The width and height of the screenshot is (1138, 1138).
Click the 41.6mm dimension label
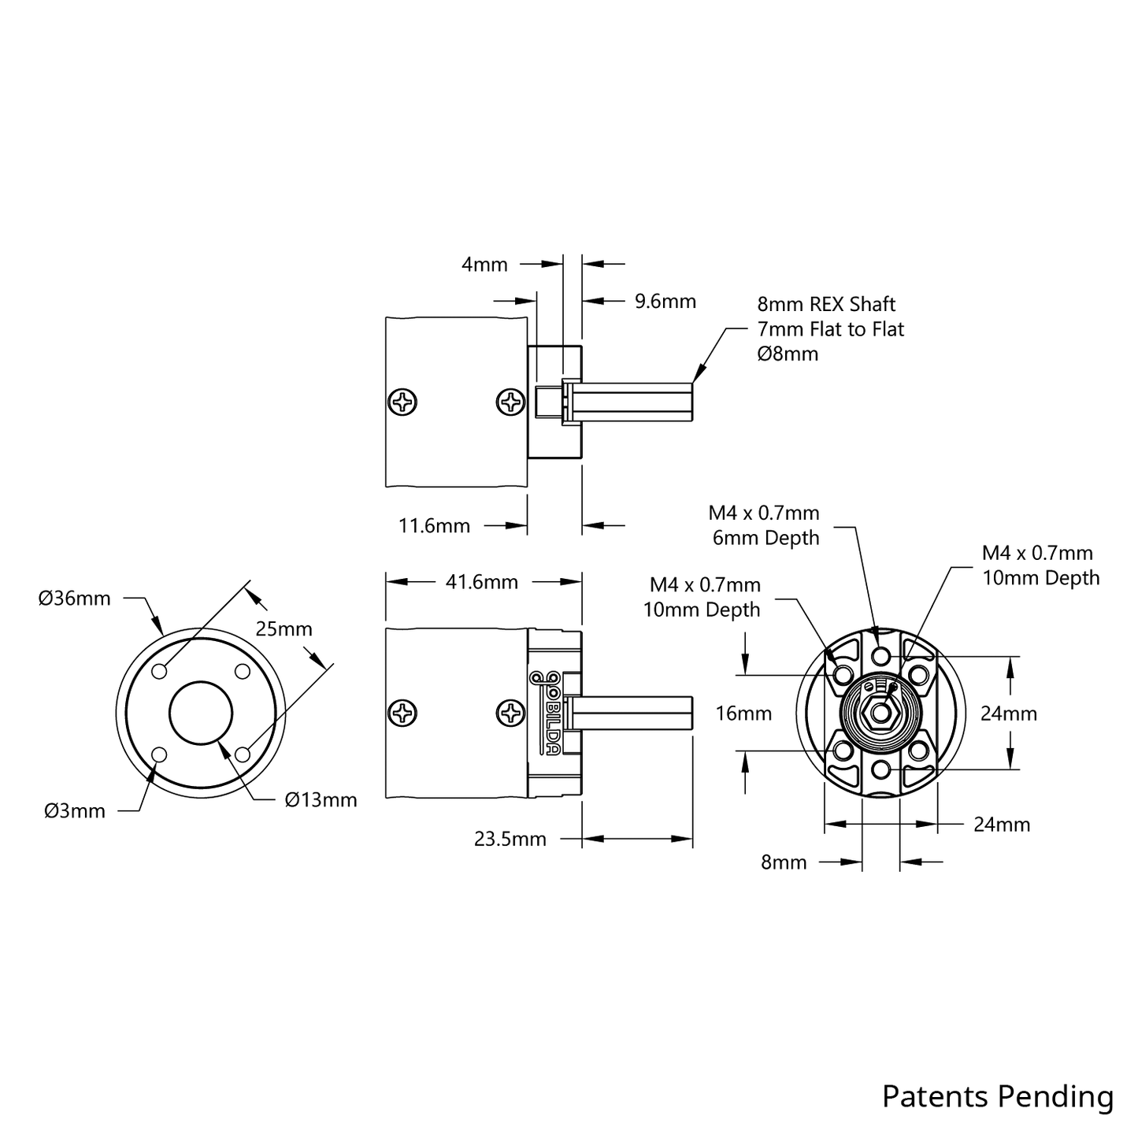(x=481, y=582)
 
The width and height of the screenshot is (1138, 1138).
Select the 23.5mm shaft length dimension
(x=510, y=839)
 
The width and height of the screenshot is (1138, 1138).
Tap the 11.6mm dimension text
(x=434, y=525)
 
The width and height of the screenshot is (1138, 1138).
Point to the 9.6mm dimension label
(x=665, y=301)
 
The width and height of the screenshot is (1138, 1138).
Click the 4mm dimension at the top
(x=484, y=265)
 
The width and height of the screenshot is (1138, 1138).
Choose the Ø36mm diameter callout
(x=74, y=599)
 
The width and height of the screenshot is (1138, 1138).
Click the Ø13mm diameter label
(x=321, y=799)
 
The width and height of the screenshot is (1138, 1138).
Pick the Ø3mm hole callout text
(x=74, y=811)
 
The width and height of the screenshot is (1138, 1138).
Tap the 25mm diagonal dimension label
(x=284, y=629)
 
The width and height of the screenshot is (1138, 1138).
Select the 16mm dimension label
(x=743, y=714)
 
